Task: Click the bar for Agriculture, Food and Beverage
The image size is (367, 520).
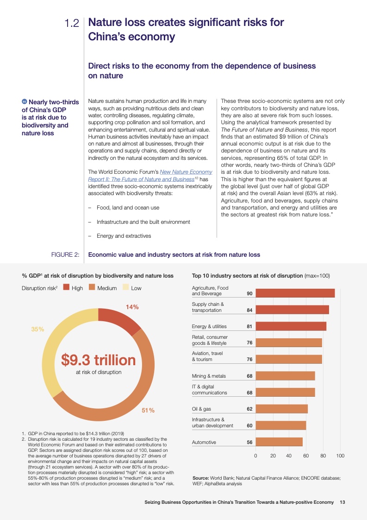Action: (x=295, y=293)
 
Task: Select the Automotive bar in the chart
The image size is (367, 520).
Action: (x=279, y=442)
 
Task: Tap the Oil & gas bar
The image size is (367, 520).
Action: (x=281, y=409)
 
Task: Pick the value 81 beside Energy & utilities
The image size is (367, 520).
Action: (x=249, y=326)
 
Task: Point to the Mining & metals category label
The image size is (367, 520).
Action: (x=209, y=376)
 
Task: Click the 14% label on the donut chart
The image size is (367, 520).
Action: (x=132, y=307)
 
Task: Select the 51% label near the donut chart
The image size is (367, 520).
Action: (x=148, y=410)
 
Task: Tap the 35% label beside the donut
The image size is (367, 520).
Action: (x=37, y=329)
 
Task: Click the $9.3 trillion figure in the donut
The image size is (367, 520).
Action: (x=99, y=360)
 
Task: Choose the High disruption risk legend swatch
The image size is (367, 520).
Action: (x=66, y=288)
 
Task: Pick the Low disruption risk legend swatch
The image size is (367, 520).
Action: (x=125, y=288)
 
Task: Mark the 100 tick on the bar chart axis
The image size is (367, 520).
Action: (x=340, y=456)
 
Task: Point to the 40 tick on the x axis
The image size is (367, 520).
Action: (x=289, y=456)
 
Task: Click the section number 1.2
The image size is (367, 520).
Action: (x=72, y=23)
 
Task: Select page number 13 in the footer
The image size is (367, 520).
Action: (x=342, y=502)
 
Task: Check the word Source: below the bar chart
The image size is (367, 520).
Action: (x=201, y=477)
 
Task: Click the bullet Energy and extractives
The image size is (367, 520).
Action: (x=124, y=236)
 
